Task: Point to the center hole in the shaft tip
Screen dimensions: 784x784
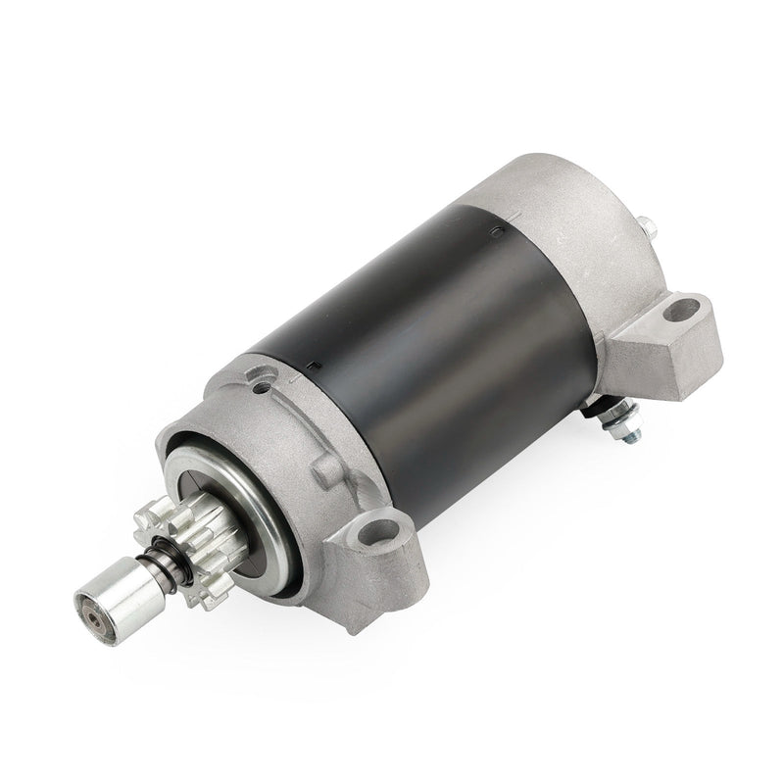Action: tap(90, 616)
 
